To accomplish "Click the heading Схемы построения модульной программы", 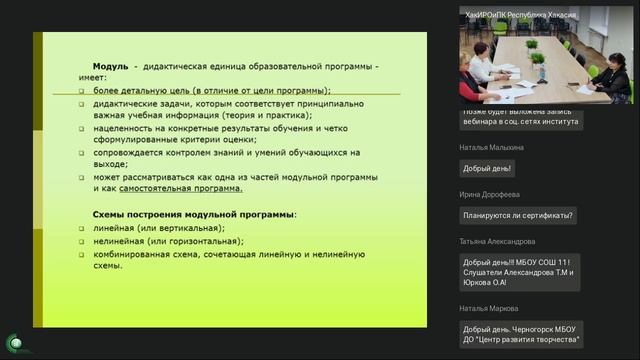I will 194,215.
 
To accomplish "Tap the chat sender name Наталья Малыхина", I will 492,147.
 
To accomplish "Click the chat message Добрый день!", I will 487,167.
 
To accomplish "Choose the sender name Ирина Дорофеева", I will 491,194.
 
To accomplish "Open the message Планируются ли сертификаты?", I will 518,214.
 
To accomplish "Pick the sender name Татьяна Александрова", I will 497,241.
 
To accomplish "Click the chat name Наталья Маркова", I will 490,308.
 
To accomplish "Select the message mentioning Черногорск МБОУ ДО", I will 522,334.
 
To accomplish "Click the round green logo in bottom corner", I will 15,343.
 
